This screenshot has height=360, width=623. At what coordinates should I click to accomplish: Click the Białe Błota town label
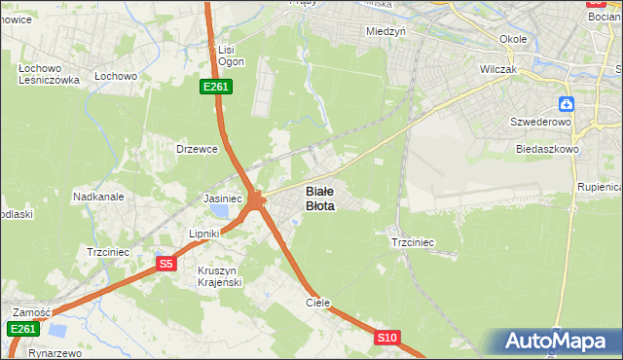point(320,198)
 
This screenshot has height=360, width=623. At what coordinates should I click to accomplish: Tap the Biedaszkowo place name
point(548,150)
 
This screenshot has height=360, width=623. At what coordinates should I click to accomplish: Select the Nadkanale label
point(98,196)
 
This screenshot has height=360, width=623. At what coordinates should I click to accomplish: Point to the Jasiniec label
point(222,198)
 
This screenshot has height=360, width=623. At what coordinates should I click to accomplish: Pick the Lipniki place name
point(205,234)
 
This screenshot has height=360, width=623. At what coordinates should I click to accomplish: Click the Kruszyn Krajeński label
point(219,275)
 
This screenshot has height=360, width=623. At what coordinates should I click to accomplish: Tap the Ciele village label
point(318,303)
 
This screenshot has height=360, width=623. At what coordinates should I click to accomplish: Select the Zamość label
point(31,312)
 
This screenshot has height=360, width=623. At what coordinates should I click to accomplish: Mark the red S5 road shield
point(165,264)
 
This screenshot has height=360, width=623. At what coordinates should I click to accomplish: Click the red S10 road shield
point(386,338)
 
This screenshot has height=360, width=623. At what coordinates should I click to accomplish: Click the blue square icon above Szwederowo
point(567,103)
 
